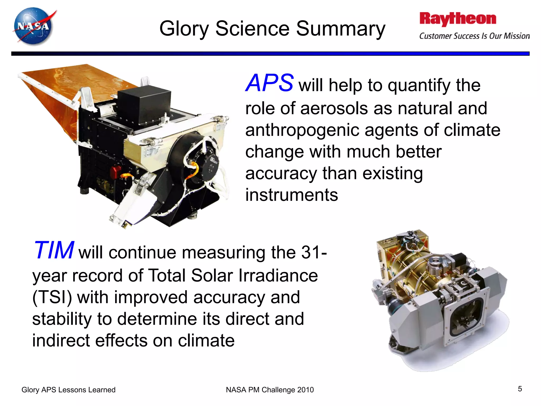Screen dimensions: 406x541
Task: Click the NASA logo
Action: pos(34,26)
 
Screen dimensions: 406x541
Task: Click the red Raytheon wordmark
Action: pos(458,19)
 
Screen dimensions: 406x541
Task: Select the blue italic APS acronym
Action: pos(269,83)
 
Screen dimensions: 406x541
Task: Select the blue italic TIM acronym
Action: pos(54,250)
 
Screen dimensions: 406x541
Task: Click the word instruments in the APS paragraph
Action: pos(291,195)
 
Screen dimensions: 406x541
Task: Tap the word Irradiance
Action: pos(278,275)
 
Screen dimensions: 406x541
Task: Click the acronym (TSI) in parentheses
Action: pos(52,297)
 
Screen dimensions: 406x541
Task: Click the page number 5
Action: pos(520,389)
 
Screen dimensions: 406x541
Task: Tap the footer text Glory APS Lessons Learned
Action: pos(68,390)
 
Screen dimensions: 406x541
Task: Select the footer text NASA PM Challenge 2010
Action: pos(270,390)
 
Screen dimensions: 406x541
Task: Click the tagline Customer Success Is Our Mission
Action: pos(474,36)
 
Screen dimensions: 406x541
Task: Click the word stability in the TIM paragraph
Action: pos(62,319)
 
